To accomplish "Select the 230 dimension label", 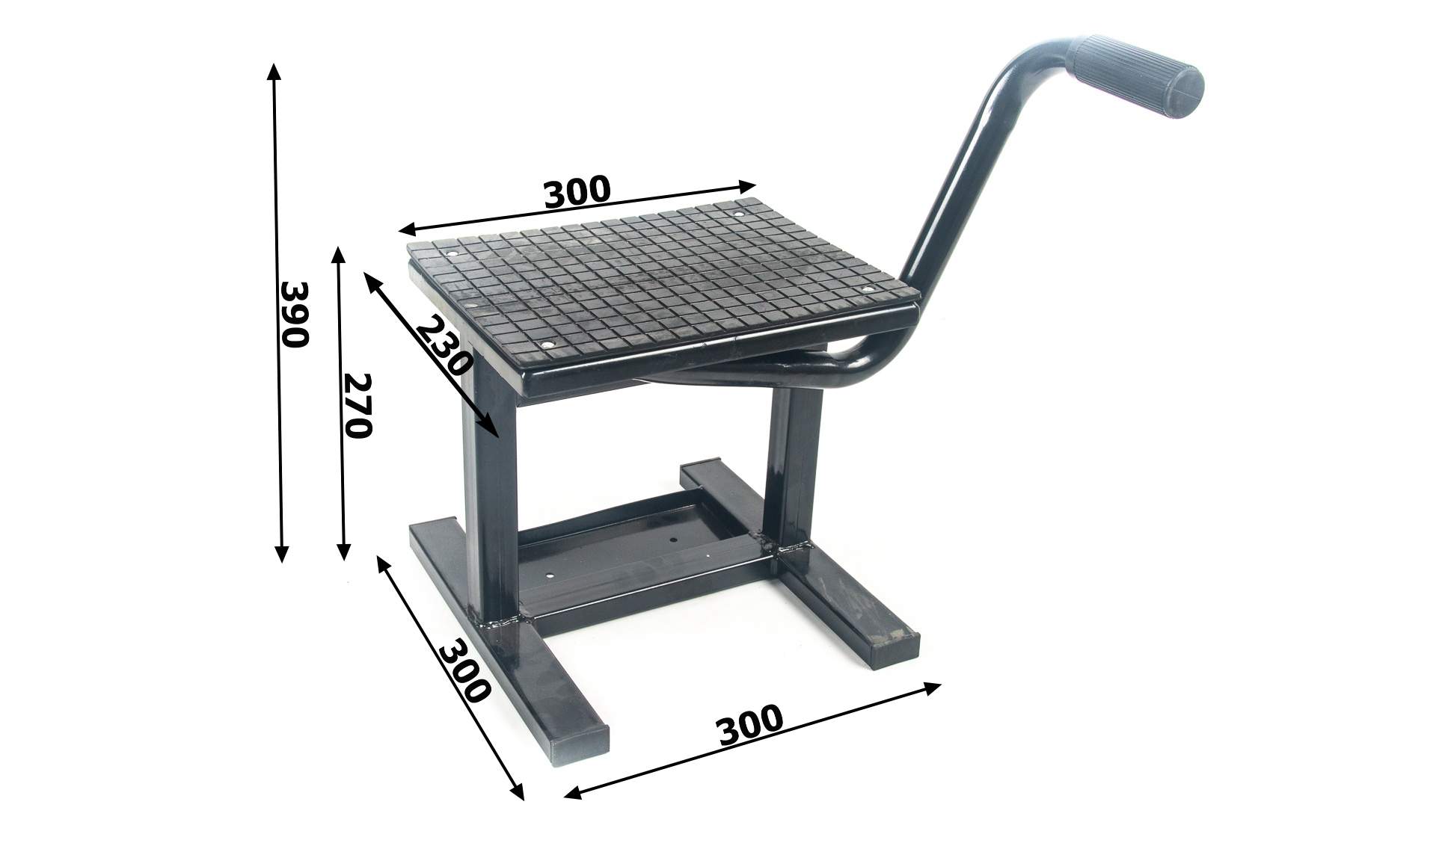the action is tap(444, 346).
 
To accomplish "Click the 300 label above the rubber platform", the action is tap(577, 191).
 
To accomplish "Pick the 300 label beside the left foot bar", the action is tap(464, 670).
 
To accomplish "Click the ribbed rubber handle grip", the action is tap(1138, 77).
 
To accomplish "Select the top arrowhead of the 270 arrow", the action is tap(338, 256).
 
